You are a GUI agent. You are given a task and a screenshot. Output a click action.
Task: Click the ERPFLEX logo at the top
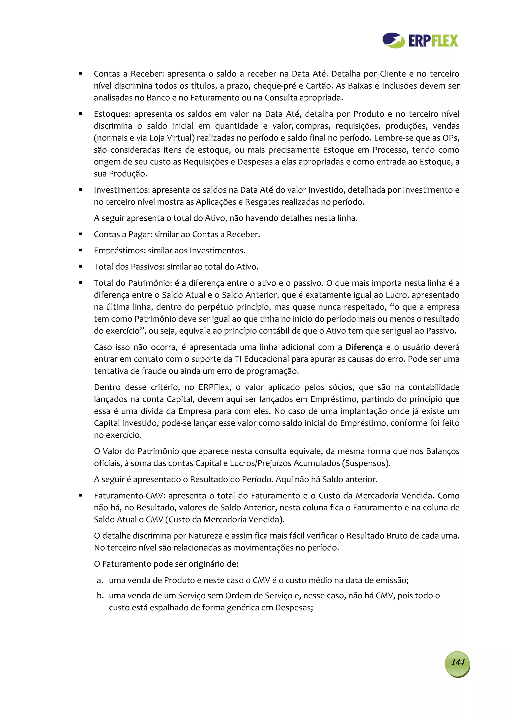pos(420,40)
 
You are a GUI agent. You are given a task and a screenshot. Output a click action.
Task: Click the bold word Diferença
pos(364,347)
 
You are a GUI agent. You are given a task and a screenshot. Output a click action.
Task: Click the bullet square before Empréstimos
pos(81,250)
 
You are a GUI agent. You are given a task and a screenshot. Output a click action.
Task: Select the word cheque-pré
pos(275,86)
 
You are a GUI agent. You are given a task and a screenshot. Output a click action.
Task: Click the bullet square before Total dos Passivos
pos(81,267)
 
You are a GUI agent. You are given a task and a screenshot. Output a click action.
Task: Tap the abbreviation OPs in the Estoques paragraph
pos(450,138)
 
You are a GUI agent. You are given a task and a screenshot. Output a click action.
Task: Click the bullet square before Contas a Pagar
pos(81,234)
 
